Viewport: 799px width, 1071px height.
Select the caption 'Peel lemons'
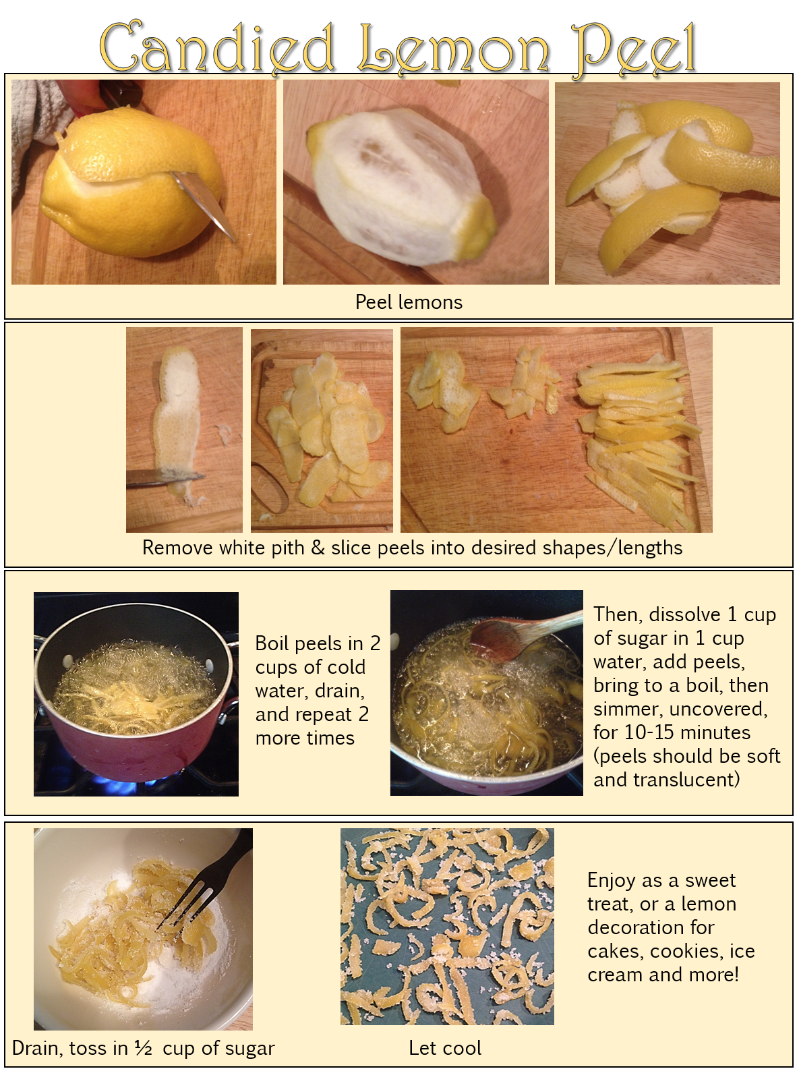(x=409, y=302)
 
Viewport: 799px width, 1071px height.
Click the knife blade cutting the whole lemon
(x=204, y=205)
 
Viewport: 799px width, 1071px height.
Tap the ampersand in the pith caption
(x=318, y=548)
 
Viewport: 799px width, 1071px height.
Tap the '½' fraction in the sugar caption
(x=144, y=1048)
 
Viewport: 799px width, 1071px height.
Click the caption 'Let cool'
(x=445, y=1048)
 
